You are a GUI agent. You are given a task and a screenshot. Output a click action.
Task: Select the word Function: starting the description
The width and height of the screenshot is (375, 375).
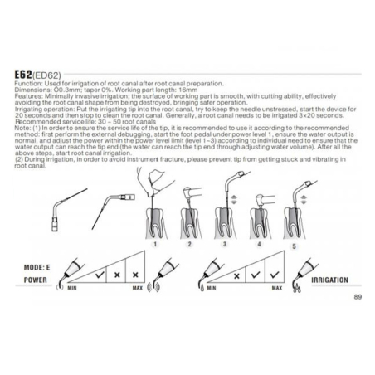pos(38,85)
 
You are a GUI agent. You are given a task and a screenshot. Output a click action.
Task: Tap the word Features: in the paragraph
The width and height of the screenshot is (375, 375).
pos(39,96)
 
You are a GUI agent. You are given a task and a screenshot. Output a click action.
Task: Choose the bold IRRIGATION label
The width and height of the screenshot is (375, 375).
pos(329,280)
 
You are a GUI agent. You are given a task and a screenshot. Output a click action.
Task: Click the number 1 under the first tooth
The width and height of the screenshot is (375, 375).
pos(155,245)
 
